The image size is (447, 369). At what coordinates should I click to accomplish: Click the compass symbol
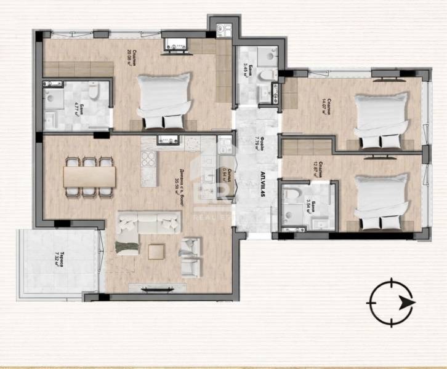(x=390, y=302)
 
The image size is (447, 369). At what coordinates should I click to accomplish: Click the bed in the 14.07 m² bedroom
(x=383, y=120)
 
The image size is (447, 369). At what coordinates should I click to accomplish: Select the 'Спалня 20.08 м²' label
(x=130, y=54)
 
